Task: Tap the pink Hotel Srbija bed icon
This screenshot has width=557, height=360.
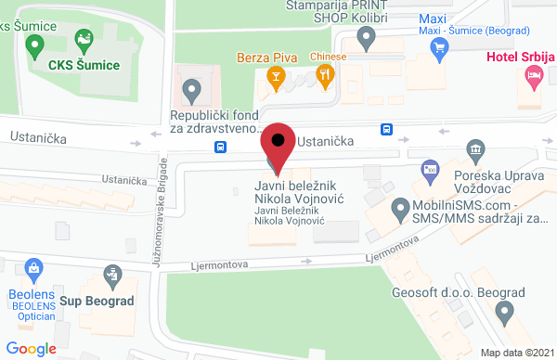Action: click(x=533, y=81)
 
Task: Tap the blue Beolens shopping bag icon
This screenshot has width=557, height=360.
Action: click(x=34, y=270)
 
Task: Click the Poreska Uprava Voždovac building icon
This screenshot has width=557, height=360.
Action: click(x=475, y=149)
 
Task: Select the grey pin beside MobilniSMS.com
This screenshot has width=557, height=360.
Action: click(x=399, y=206)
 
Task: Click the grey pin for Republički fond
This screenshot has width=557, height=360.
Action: click(x=192, y=91)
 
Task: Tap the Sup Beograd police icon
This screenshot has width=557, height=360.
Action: click(x=111, y=275)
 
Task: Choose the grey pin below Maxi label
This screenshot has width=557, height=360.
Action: click(x=367, y=39)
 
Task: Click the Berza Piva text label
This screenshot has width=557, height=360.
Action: click(x=266, y=57)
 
